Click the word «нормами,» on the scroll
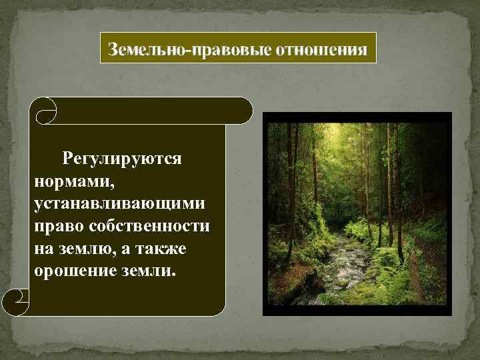64,181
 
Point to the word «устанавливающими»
119,203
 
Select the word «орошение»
72,271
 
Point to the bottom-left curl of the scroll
17,303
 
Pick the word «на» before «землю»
41,248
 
